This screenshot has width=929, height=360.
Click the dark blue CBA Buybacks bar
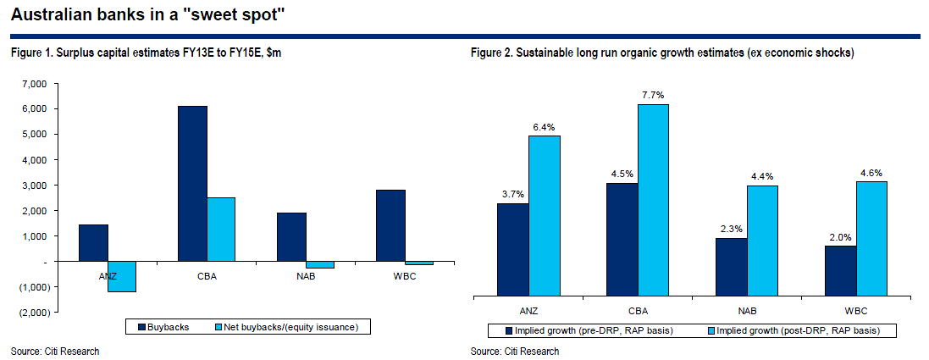(192, 184)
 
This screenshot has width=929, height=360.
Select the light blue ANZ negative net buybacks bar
(122, 277)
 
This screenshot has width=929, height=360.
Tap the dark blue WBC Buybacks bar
(390, 226)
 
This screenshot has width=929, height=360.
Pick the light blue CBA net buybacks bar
(221, 230)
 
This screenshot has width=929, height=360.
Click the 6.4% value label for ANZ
(545, 127)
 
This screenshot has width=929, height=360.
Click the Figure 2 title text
(661, 53)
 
